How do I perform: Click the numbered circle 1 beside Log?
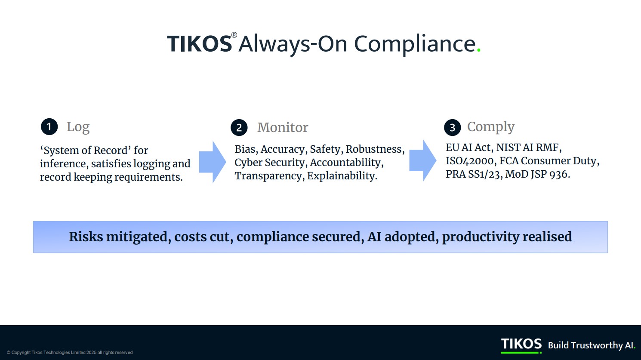coord(49,126)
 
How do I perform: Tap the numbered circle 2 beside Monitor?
coord(239,128)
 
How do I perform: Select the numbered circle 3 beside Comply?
coord(453,128)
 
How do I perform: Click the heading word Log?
coord(78,127)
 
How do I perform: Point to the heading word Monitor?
coord(283,127)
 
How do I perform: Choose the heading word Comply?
coord(491,127)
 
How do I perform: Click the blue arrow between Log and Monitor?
coord(213,162)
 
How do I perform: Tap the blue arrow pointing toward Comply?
coord(423,160)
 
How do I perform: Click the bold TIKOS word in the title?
coord(200,44)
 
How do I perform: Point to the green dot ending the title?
coord(479,50)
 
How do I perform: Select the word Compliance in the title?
coord(415,44)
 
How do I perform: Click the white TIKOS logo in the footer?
coord(521,344)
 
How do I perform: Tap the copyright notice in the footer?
coord(70,352)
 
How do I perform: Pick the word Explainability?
coord(342,176)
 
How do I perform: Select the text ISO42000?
coord(470,161)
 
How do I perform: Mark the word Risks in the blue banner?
coord(86,237)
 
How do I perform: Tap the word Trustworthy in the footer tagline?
coord(597,345)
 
